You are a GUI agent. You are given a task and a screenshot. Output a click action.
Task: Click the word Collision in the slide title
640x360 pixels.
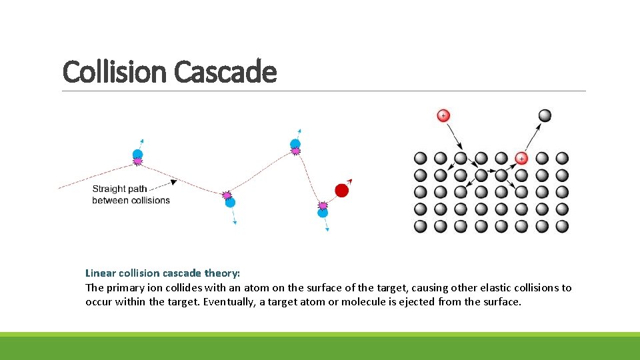[116, 71]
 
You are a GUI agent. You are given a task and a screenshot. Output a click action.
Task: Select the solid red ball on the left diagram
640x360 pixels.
[341, 191]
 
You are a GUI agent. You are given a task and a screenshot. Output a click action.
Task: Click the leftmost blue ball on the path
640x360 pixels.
[138, 154]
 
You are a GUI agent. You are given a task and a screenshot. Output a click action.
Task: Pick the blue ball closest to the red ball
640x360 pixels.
[323, 213]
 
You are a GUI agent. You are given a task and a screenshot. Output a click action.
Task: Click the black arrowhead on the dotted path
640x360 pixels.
[173, 181]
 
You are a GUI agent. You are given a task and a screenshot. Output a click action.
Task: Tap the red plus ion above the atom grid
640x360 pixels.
[443, 116]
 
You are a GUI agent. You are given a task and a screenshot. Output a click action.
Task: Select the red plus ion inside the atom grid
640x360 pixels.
[521, 158]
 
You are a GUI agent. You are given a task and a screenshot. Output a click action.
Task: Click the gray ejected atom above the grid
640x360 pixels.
[545, 115]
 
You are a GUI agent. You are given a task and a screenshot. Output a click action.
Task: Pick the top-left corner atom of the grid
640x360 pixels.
[420, 158]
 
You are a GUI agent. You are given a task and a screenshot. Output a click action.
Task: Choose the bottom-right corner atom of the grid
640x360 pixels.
[562, 226]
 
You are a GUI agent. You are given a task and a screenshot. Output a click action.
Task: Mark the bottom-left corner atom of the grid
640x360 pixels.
[420, 226]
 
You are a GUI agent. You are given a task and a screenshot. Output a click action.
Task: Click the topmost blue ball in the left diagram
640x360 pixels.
[295, 144]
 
